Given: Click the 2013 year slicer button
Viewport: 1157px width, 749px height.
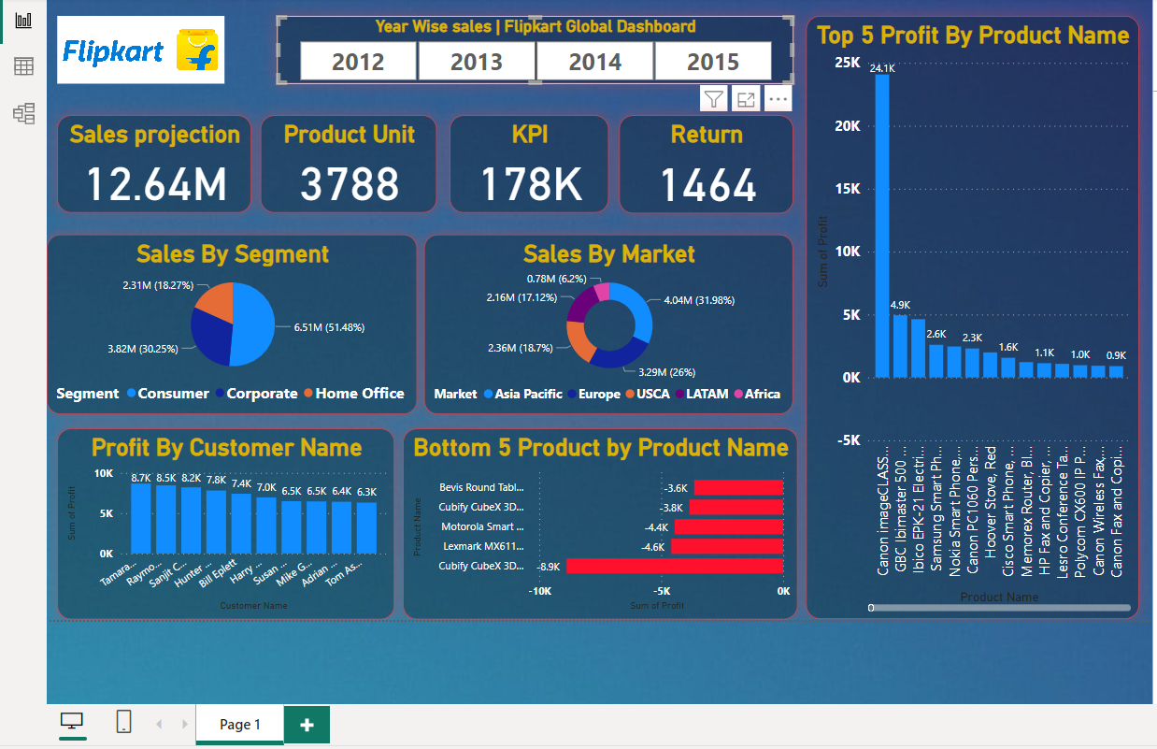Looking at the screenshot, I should tap(476, 62).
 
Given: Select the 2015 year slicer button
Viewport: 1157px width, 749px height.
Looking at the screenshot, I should tap(713, 62).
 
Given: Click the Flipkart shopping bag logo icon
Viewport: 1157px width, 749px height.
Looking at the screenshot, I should tap(198, 50).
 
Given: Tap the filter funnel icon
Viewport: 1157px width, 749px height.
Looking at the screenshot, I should tap(714, 98).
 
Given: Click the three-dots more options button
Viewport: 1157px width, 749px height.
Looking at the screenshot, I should tap(778, 98).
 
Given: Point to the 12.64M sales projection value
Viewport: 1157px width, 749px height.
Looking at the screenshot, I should tap(156, 183).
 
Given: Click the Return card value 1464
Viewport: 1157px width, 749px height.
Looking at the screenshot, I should tap(707, 184).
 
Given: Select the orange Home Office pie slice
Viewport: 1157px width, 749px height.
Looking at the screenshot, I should tap(213, 299).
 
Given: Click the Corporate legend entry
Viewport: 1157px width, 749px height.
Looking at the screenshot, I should tap(262, 394).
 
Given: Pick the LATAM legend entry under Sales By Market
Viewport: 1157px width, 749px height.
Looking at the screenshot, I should tap(707, 394).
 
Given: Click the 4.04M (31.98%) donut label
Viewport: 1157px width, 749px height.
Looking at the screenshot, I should tap(698, 300).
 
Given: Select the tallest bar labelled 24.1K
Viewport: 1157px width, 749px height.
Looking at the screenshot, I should tap(882, 225).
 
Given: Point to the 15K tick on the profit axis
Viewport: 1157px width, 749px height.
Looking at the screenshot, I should tap(848, 189).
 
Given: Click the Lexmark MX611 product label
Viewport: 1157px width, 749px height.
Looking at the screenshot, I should tap(482, 546).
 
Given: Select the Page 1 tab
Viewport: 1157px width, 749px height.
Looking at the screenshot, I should tap(239, 725).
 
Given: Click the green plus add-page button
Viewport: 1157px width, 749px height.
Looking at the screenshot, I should tap(307, 725).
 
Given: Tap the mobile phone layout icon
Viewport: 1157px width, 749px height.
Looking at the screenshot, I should tap(123, 722).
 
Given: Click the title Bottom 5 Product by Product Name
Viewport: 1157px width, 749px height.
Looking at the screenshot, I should tap(601, 448).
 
